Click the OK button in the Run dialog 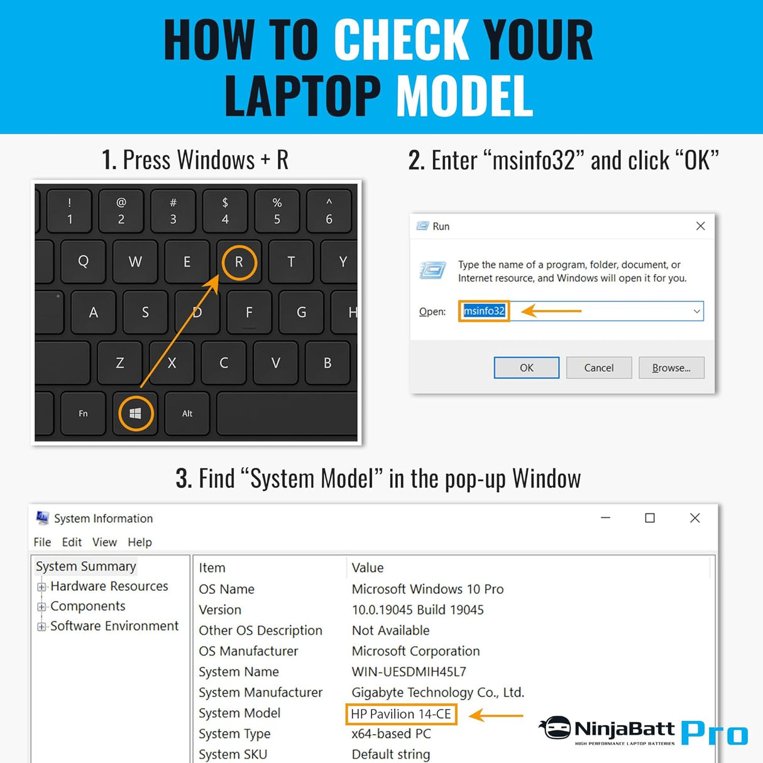point(526,368)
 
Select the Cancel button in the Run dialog point(599,368)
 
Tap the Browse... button point(671,368)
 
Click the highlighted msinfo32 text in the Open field point(484,311)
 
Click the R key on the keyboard point(239,261)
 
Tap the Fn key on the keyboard point(83,414)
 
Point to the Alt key point(187,414)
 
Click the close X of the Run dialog point(700,226)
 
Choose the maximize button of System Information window point(650,518)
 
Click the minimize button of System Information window point(605,517)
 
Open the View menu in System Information point(104,542)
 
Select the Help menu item point(140,542)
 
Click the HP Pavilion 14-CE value point(401,714)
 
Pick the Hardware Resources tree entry point(109,586)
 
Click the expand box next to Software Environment point(41,627)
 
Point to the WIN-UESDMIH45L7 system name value point(409,671)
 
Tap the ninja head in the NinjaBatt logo point(555,728)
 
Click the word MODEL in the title point(464,96)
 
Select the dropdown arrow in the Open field point(696,311)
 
